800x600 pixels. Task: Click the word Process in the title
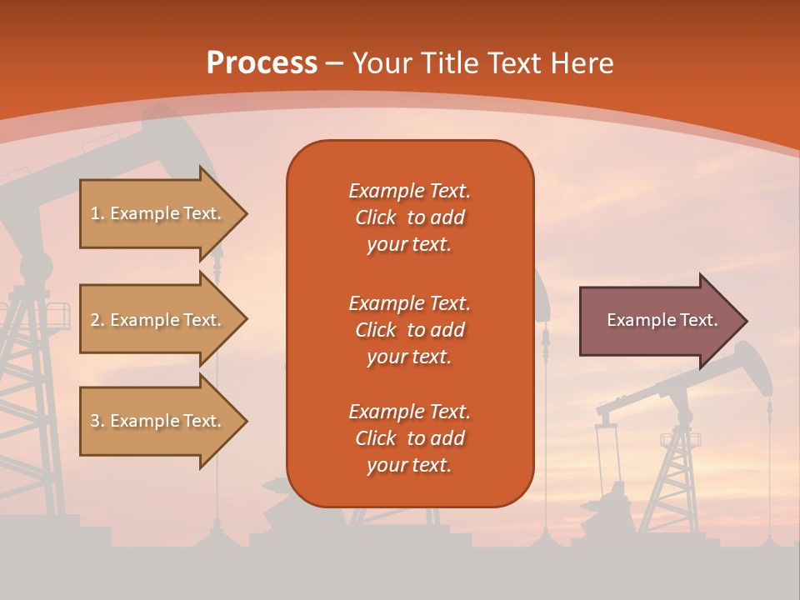pos(262,63)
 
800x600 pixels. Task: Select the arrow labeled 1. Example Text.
pos(158,213)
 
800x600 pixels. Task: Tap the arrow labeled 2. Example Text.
pos(158,320)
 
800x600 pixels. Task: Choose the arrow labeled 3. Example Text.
pos(158,421)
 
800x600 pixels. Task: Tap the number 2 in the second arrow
pos(95,320)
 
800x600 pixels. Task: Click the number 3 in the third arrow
pos(95,421)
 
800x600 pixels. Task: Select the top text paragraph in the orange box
pos(409,217)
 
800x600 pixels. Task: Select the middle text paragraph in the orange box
pos(409,329)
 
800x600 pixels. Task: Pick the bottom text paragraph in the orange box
pos(409,438)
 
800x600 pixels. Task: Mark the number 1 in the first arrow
pos(94,213)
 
